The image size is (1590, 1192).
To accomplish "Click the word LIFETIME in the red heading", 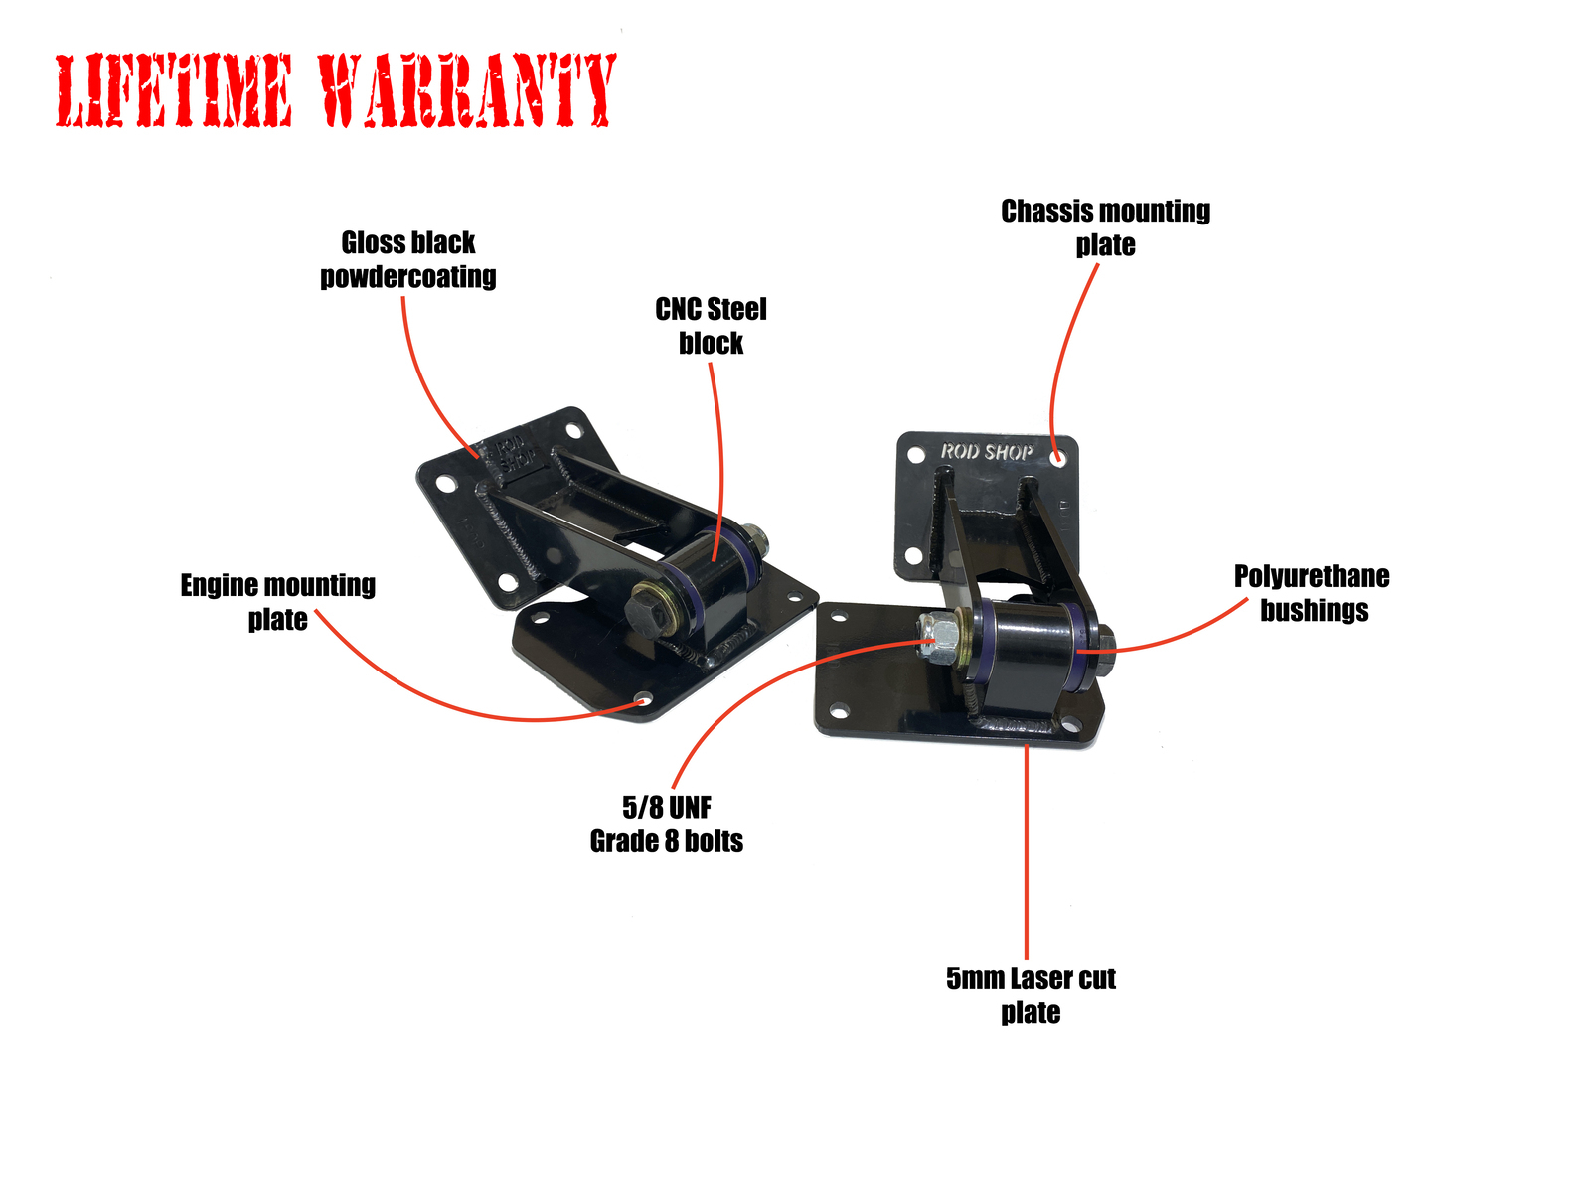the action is [174, 90].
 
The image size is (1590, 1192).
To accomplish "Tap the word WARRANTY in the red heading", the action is [467, 90].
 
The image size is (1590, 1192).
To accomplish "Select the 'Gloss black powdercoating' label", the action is [407, 259].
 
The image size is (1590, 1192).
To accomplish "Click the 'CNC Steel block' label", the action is [710, 326].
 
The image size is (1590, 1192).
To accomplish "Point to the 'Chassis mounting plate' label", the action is [1105, 227].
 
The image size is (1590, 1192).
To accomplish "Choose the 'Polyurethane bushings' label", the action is [1312, 593].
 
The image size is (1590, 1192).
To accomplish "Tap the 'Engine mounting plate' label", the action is [277, 601].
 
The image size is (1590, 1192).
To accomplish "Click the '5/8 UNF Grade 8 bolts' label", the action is [666, 823].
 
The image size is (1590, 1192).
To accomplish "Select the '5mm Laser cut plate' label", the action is [1031, 994].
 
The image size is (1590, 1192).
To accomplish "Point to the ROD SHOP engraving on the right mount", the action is [986, 452].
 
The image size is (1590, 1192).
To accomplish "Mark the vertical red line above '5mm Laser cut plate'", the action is [1026, 852].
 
